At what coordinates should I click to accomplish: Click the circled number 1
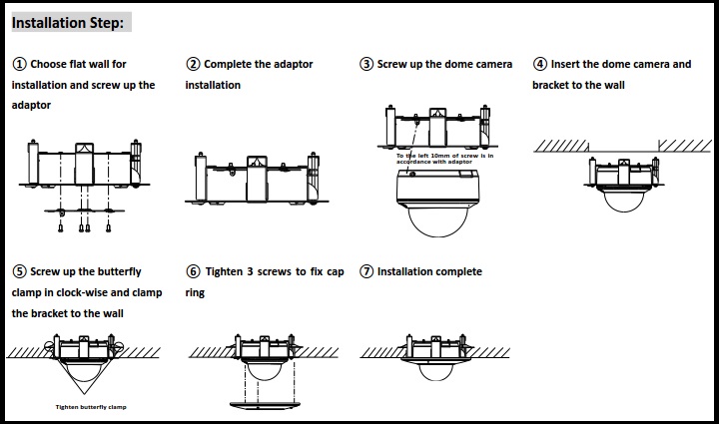pyautogui.click(x=19, y=64)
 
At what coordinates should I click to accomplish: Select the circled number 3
pyautogui.click(x=366, y=64)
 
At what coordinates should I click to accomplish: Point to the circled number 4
pyautogui.click(x=540, y=64)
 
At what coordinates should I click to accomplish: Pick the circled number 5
pyautogui.click(x=19, y=271)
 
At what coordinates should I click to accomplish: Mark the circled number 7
pyautogui.click(x=366, y=271)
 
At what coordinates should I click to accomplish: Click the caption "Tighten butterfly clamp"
pyautogui.click(x=91, y=407)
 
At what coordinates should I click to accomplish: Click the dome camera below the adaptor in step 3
pyautogui.click(x=439, y=205)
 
